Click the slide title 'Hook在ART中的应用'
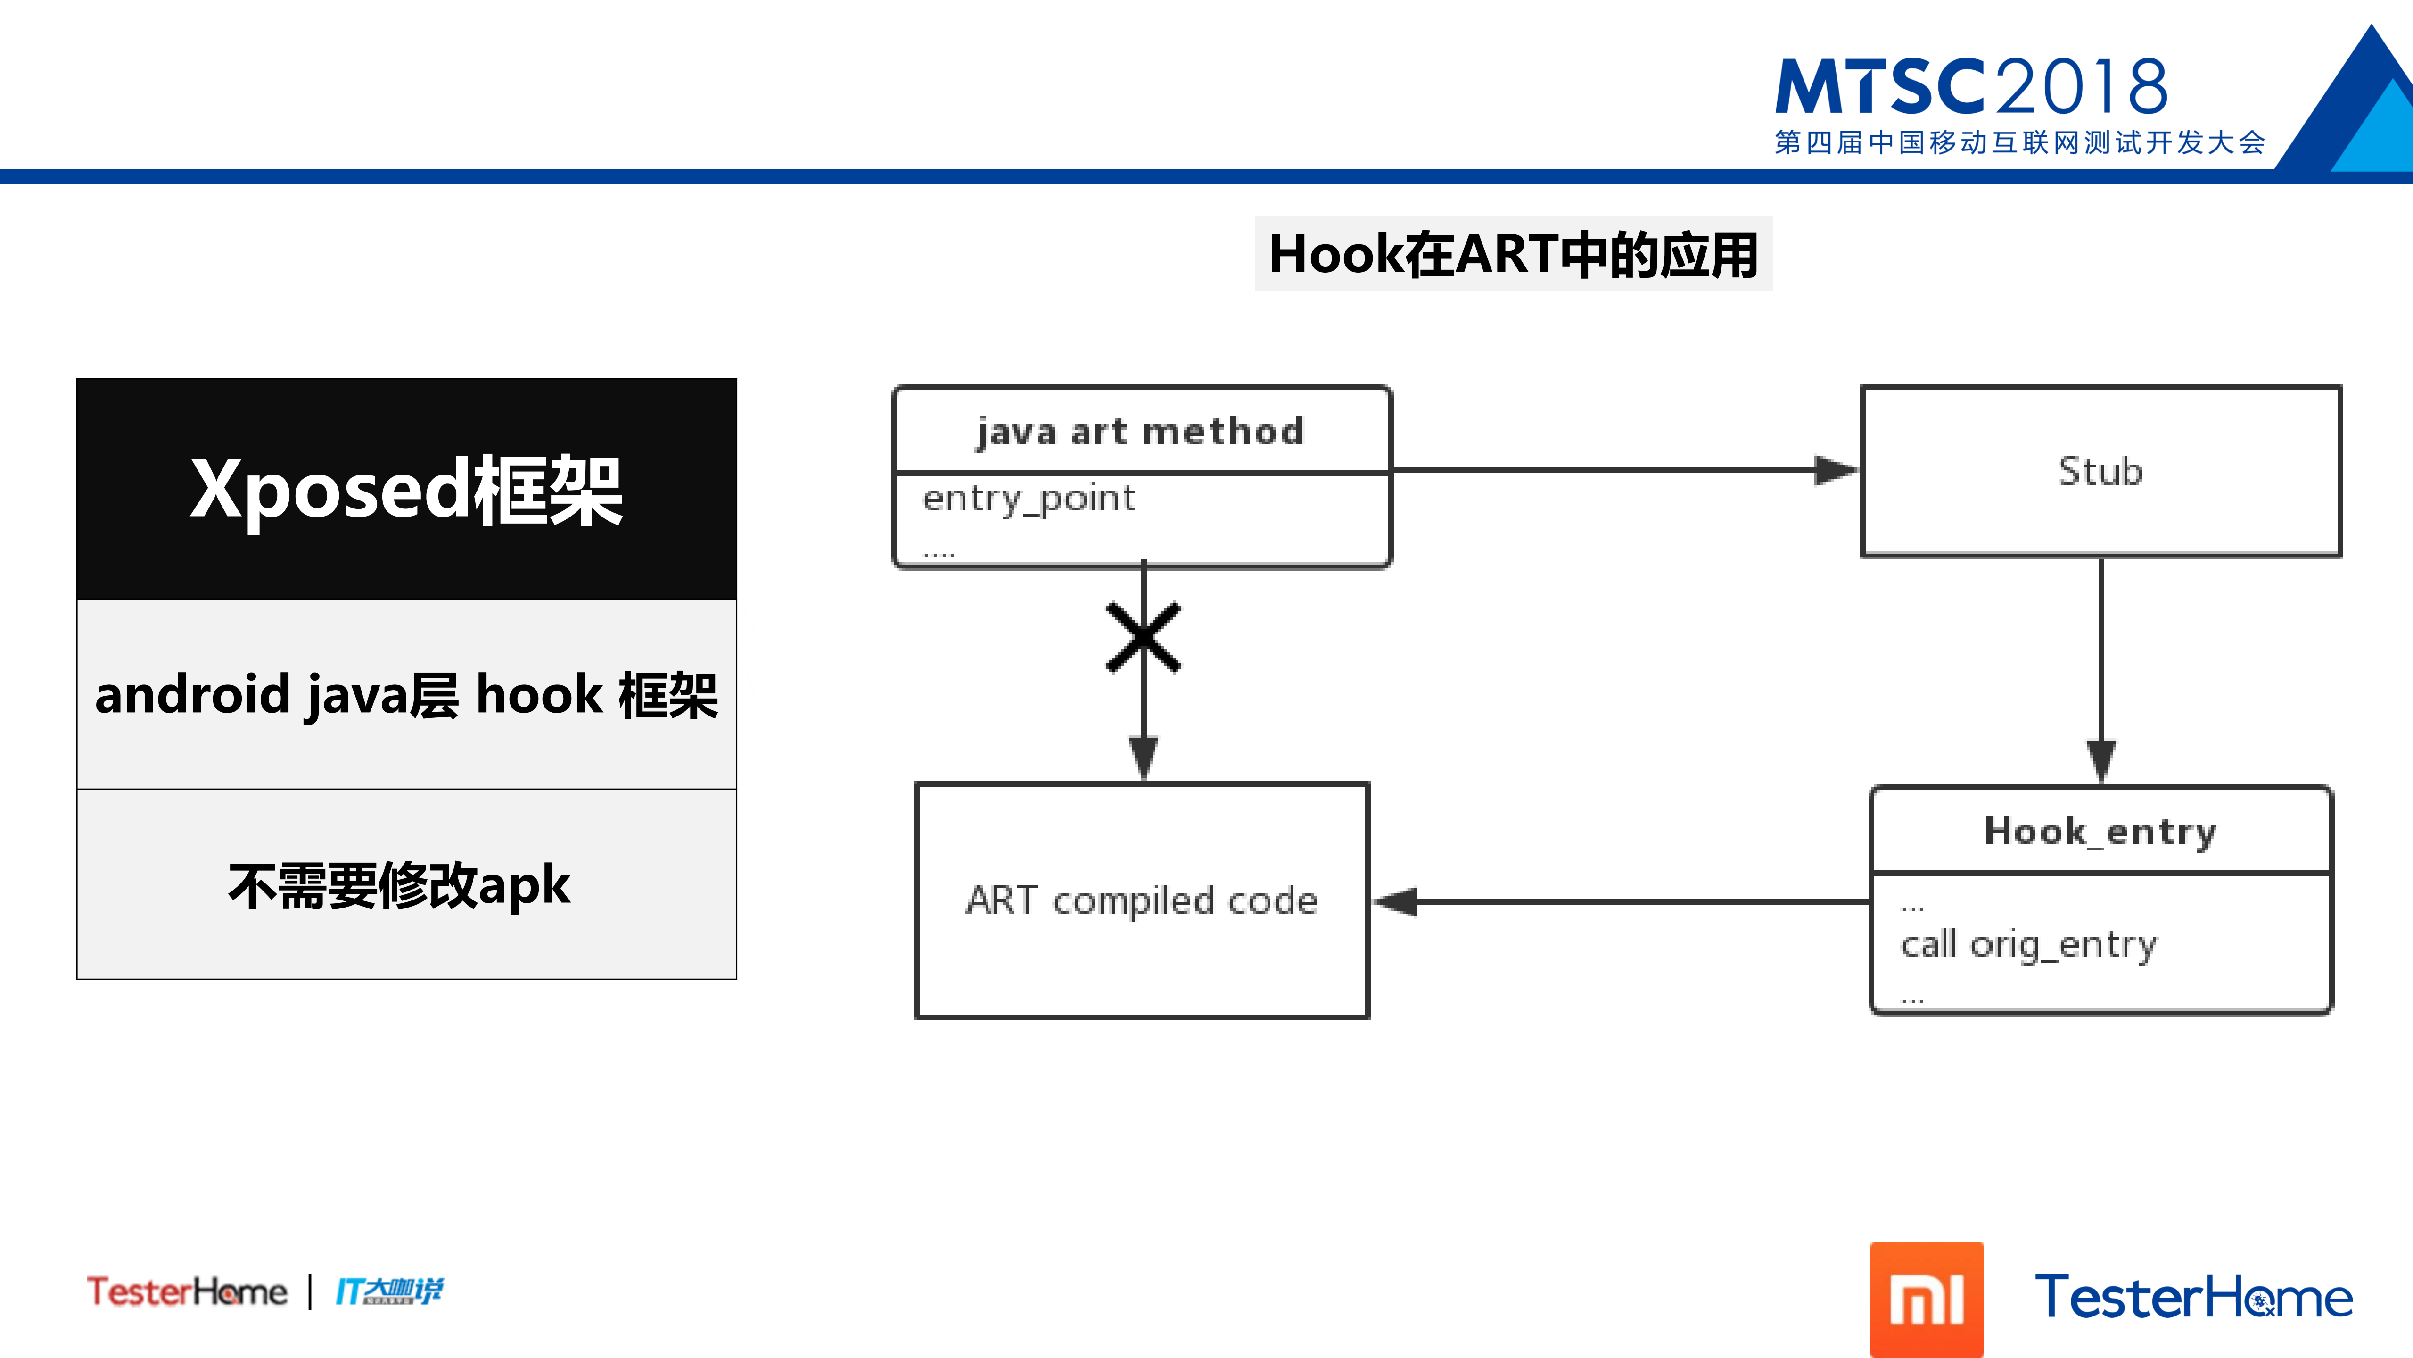[x=1513, y=254]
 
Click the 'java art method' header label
[x=1140, y=431]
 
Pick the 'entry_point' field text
[x=1029, y=498]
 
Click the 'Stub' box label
[x=2100, y=470]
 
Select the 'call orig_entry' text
[x=2028, y=944]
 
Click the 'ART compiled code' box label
[x=1141, y=900]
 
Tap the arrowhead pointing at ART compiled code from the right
[x=1396, y=901]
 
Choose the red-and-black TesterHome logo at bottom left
[x=186, y=1291]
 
